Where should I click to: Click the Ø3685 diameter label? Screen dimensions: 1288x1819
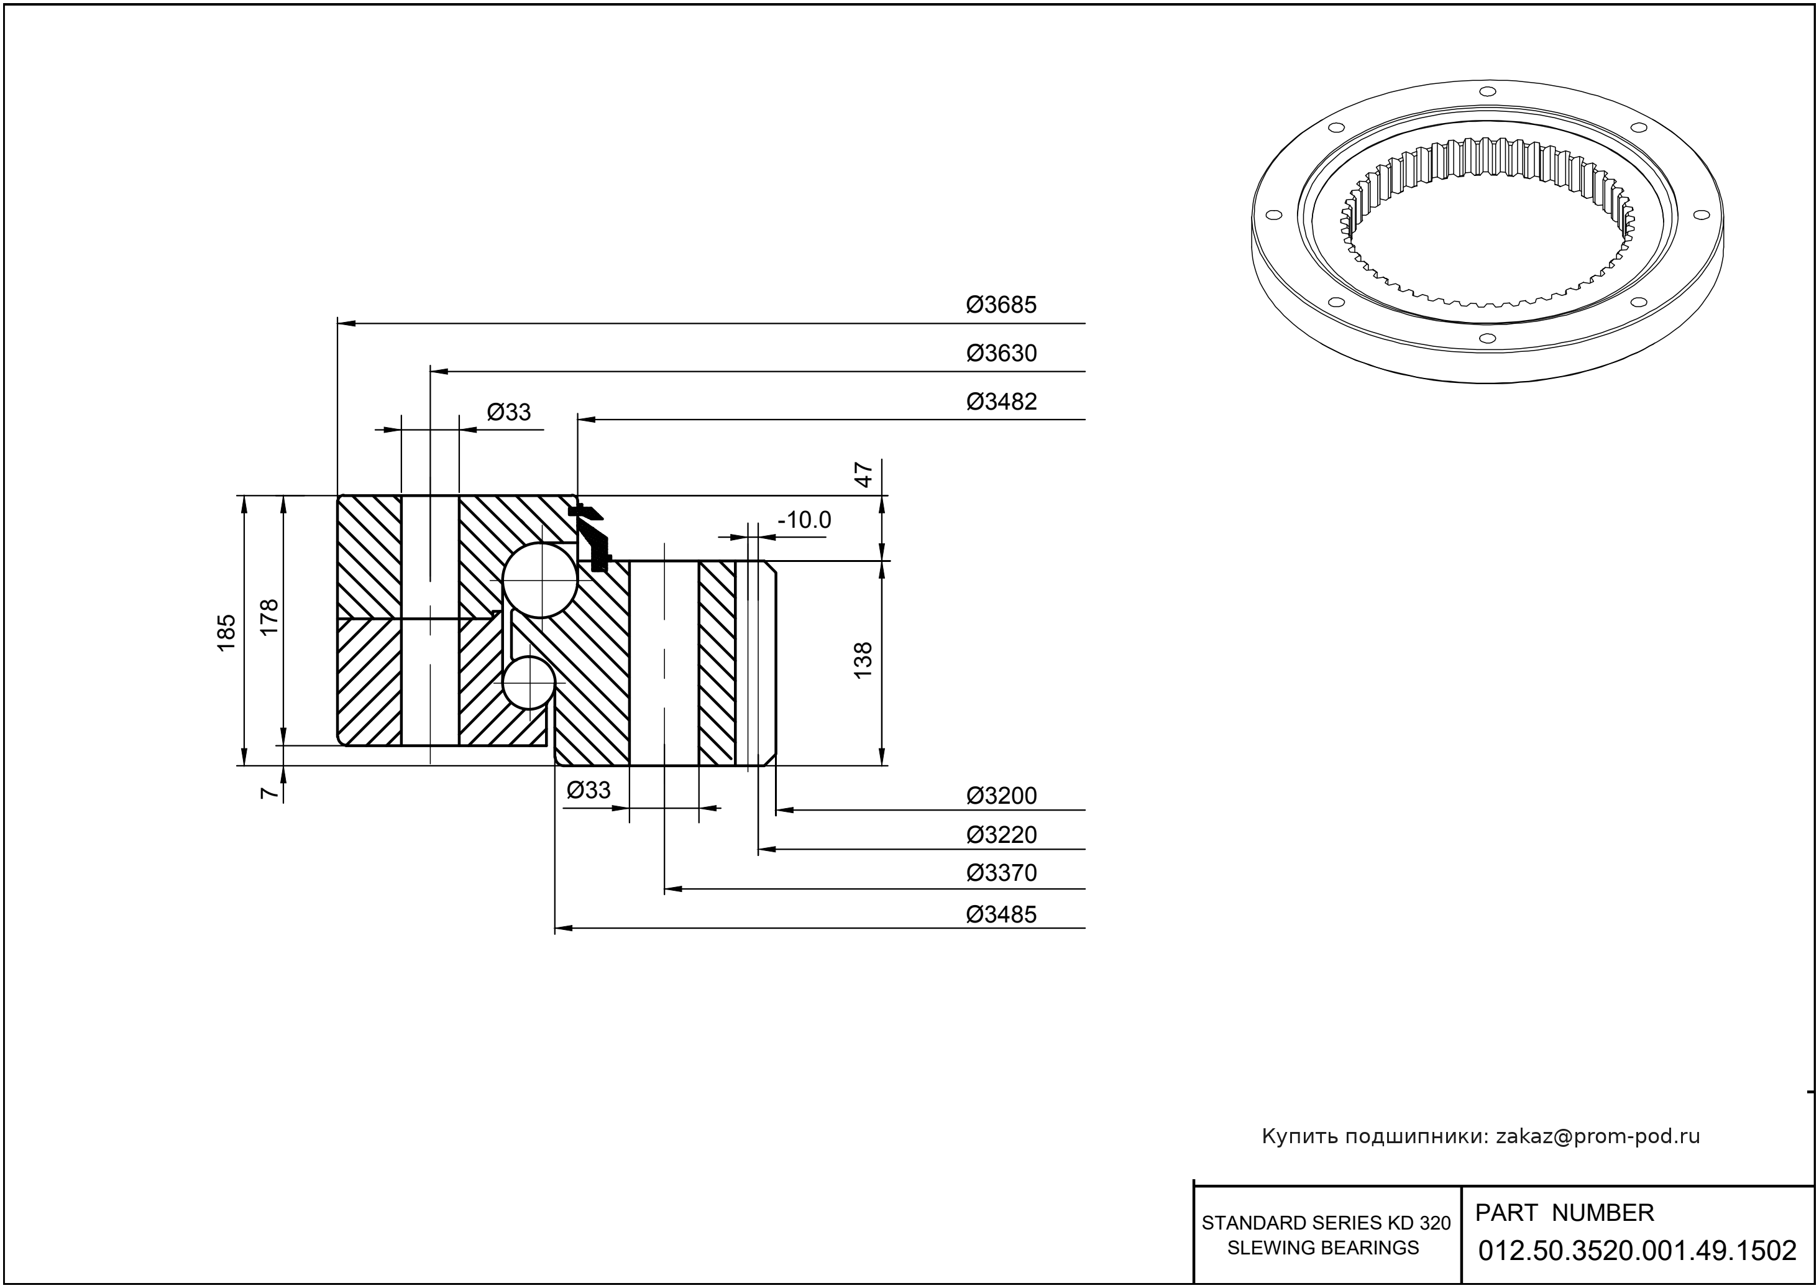pos(1001,305)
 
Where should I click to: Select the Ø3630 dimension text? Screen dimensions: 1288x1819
pos(1001,354)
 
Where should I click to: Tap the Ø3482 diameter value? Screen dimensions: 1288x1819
pos(1001,402)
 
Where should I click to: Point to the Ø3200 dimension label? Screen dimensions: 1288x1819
pos(1001,796)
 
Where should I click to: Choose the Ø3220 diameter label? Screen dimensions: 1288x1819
pos(1001,835)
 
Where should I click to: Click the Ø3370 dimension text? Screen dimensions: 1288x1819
pos(1001,873)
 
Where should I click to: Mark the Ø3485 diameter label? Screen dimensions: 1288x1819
pos(1001,915)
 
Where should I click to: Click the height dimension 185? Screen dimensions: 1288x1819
pos(227,632)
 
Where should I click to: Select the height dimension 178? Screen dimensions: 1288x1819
pos(270,616)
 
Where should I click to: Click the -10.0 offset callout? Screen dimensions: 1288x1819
pos(804,521)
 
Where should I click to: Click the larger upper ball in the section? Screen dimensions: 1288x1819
pos(541,581)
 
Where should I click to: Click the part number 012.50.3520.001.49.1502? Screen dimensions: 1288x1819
pos(1637,1251)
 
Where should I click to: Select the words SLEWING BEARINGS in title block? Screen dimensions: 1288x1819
pos(1322,1248)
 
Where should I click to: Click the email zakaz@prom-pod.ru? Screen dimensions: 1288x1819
pos(1597,1136)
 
